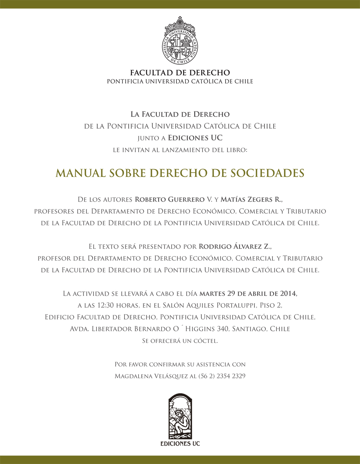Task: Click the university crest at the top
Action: tap(180, 41)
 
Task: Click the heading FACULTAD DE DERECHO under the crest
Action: tap(180, 73)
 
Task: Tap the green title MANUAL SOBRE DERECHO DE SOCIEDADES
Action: tap(180, 173)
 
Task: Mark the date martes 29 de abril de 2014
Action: tap(248, 293)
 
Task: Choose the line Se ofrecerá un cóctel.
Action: tap(180, 341)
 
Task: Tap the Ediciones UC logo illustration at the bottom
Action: tap(180, 417)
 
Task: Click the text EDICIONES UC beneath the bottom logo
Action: tap(180, 444)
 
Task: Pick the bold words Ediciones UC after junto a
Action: tap(195, 138)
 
